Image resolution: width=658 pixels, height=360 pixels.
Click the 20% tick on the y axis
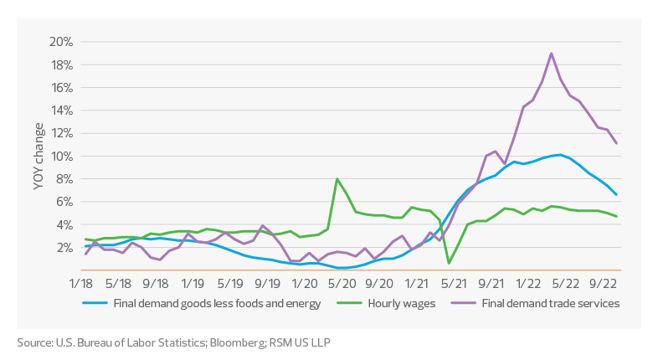click(x=63, y=42)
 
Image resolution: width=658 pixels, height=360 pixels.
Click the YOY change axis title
click(x=39, y=156)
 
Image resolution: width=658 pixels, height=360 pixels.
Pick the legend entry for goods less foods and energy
click(x=216, y=303)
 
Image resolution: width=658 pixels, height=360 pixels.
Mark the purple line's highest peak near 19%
click(x=551, y=54)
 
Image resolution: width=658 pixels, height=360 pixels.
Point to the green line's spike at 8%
click(x=337, y=179)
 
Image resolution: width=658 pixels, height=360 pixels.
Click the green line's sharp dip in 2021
click(x=450, y=263)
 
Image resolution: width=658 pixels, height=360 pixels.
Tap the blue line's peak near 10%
click(x=559, y=155)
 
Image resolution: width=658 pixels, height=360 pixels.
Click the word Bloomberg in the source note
click(x=239, y=342)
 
